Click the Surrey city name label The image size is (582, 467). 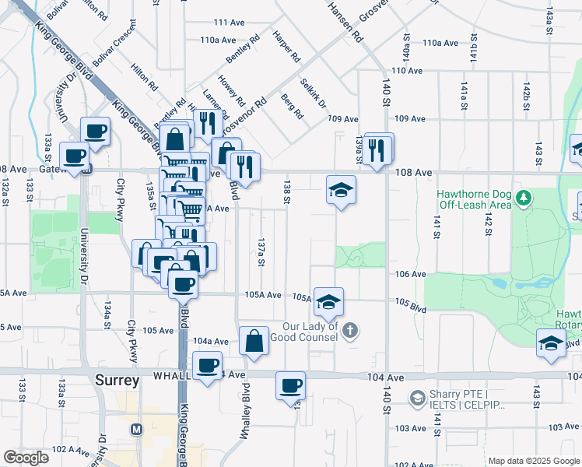[117, 381]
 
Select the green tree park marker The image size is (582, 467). [526, 198]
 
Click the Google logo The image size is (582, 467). [26, 458]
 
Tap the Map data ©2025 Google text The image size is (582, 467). [534, 461]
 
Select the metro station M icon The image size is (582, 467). [137, 429]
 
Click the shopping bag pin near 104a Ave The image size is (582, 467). [254, 340]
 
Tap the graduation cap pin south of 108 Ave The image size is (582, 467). [340, 189]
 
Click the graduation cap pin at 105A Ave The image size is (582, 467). [329, 301]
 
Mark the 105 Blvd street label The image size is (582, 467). [411, 305]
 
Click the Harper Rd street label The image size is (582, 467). [286, 47]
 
